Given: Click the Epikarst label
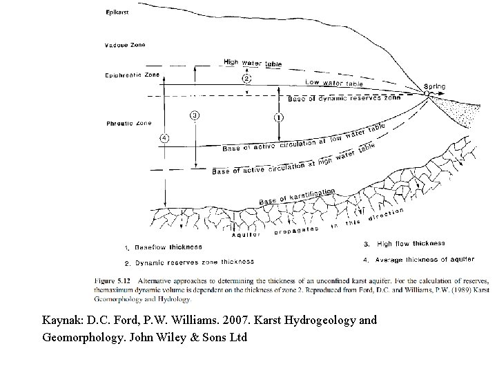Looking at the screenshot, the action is (117, 12).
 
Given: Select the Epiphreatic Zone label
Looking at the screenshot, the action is (130, 75).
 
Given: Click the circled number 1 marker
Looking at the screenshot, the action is (277, 117).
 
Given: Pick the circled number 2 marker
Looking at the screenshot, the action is (246, 79).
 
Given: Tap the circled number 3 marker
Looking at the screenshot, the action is (195, 115).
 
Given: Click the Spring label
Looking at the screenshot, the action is (435, 87).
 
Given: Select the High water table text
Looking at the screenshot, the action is (253, 63).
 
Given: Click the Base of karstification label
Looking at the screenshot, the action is (297, 196).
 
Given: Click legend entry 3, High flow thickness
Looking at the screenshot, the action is (405, 244).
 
